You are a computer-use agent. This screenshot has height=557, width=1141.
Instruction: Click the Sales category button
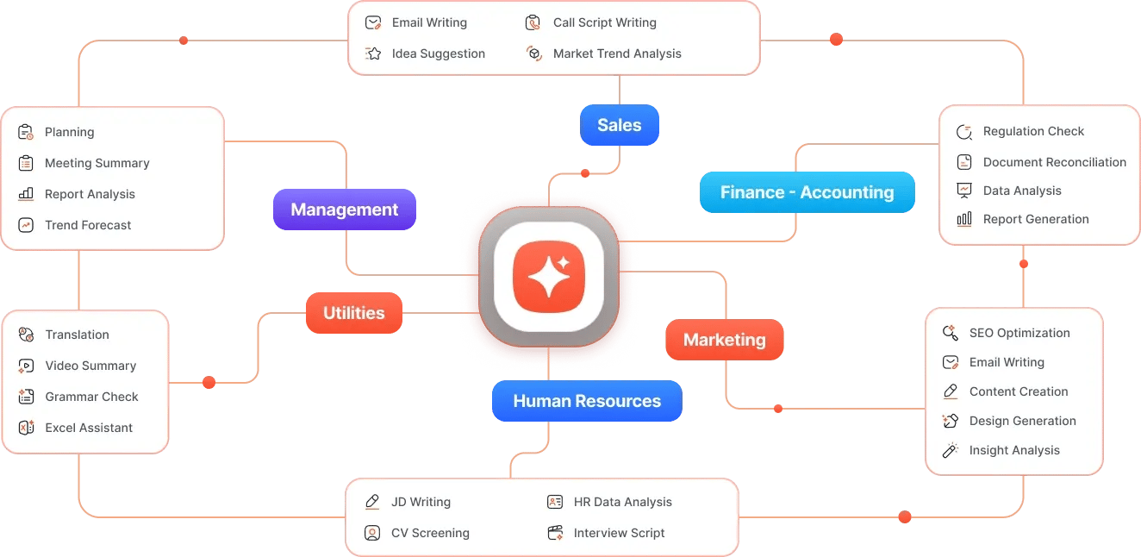620,125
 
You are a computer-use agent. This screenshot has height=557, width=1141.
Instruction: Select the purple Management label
345,210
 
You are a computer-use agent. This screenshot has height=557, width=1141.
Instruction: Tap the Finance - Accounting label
807,192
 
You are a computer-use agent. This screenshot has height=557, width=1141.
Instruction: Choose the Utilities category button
354,313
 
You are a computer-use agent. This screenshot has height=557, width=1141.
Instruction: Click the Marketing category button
725,340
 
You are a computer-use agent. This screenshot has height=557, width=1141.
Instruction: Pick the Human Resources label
587,401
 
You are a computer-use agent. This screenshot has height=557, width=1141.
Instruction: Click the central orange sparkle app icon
549,277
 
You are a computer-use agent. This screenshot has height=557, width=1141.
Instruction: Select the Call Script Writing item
591,22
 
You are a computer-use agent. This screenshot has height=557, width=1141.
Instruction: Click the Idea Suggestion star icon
373,53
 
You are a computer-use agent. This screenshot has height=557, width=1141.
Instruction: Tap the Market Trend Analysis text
617,53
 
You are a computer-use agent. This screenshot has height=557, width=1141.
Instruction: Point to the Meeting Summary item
84,163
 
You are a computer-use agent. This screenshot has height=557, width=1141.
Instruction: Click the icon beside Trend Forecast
26,225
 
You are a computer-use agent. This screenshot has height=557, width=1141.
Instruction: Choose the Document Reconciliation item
1041,162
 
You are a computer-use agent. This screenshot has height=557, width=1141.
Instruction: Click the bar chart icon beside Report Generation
964,219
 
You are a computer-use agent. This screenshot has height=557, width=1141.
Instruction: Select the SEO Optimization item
1006,333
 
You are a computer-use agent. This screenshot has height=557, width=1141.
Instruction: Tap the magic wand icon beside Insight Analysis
950,450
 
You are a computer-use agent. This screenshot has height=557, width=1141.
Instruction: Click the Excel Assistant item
75,428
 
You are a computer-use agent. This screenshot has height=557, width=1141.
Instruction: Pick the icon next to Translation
26,335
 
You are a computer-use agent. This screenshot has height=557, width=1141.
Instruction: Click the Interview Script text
619,533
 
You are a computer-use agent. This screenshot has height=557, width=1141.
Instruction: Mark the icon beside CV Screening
372,533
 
